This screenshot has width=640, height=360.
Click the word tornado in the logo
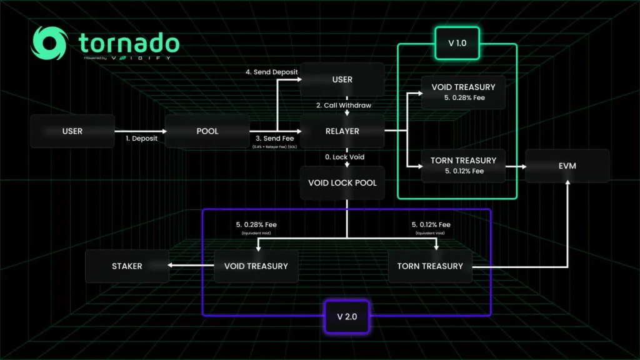[129, 43]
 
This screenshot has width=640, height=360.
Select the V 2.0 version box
[346, 316]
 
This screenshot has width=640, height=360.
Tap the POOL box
[207, 131]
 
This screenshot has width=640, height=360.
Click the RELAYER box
[342, 131]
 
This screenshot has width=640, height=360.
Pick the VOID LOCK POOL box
[342, 183]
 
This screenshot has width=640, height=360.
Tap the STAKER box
[127, 266]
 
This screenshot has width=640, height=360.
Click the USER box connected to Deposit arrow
[72, 131]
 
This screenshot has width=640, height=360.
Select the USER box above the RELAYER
[342, 79]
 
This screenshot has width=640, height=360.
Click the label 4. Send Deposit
[272, 72]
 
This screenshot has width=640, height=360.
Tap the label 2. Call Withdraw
[343, 105]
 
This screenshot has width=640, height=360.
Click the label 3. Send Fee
[275, 139]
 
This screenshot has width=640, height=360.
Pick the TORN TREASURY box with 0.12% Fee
[464, 165]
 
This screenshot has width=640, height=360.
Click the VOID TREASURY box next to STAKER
[256, 266]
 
